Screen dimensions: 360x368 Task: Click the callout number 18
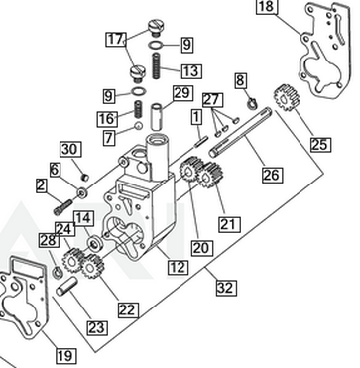(x=267, y=6)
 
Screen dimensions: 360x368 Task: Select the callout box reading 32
(x=226, y=288)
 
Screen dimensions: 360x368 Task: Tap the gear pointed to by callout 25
(x=287, y=97)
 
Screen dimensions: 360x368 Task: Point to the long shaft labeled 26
(x=241, y=132)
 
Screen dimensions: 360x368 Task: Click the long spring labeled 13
(x=157, y=66)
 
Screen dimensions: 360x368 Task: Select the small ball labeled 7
(x=138, y=126)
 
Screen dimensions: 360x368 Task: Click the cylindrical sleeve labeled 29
(x=157, y=117)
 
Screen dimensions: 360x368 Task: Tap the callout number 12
(x=178, y=267)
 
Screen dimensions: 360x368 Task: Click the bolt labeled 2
(x=63, y=206)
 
